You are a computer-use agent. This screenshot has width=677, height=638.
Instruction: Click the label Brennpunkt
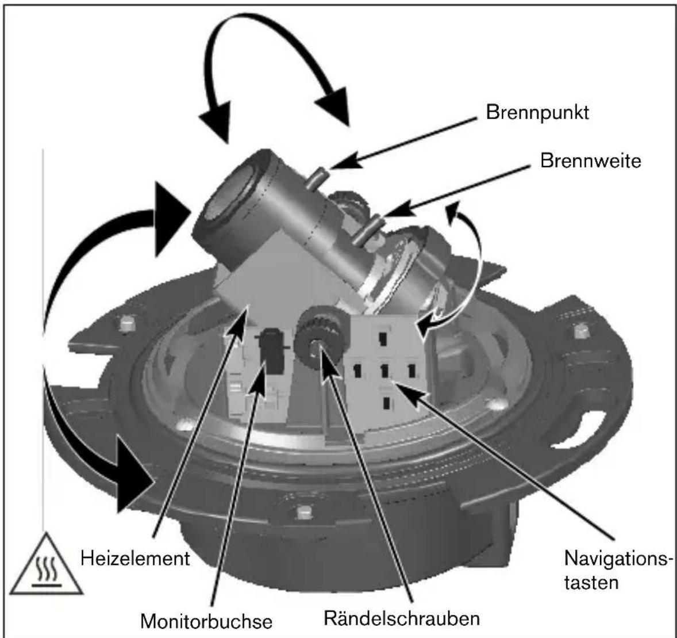point(537,113)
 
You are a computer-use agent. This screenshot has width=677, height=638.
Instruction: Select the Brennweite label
point(591,161)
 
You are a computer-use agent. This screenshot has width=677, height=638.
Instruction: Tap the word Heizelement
point(135,558)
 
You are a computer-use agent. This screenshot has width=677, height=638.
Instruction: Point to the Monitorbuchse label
point(206,621)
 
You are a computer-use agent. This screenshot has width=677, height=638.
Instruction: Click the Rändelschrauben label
point(402,618)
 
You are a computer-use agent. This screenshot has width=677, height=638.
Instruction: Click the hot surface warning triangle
point(46,564)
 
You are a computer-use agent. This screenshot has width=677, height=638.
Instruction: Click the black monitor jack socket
point(272,350)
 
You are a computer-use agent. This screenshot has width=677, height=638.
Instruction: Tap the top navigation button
point(383,338)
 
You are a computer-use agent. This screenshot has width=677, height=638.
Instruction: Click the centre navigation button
point(384,370)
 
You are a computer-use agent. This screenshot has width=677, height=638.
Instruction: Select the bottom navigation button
point(386,403)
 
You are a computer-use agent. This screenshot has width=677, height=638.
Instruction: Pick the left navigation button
point(357,370)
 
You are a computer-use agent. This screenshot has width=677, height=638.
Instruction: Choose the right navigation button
point(411,370)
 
